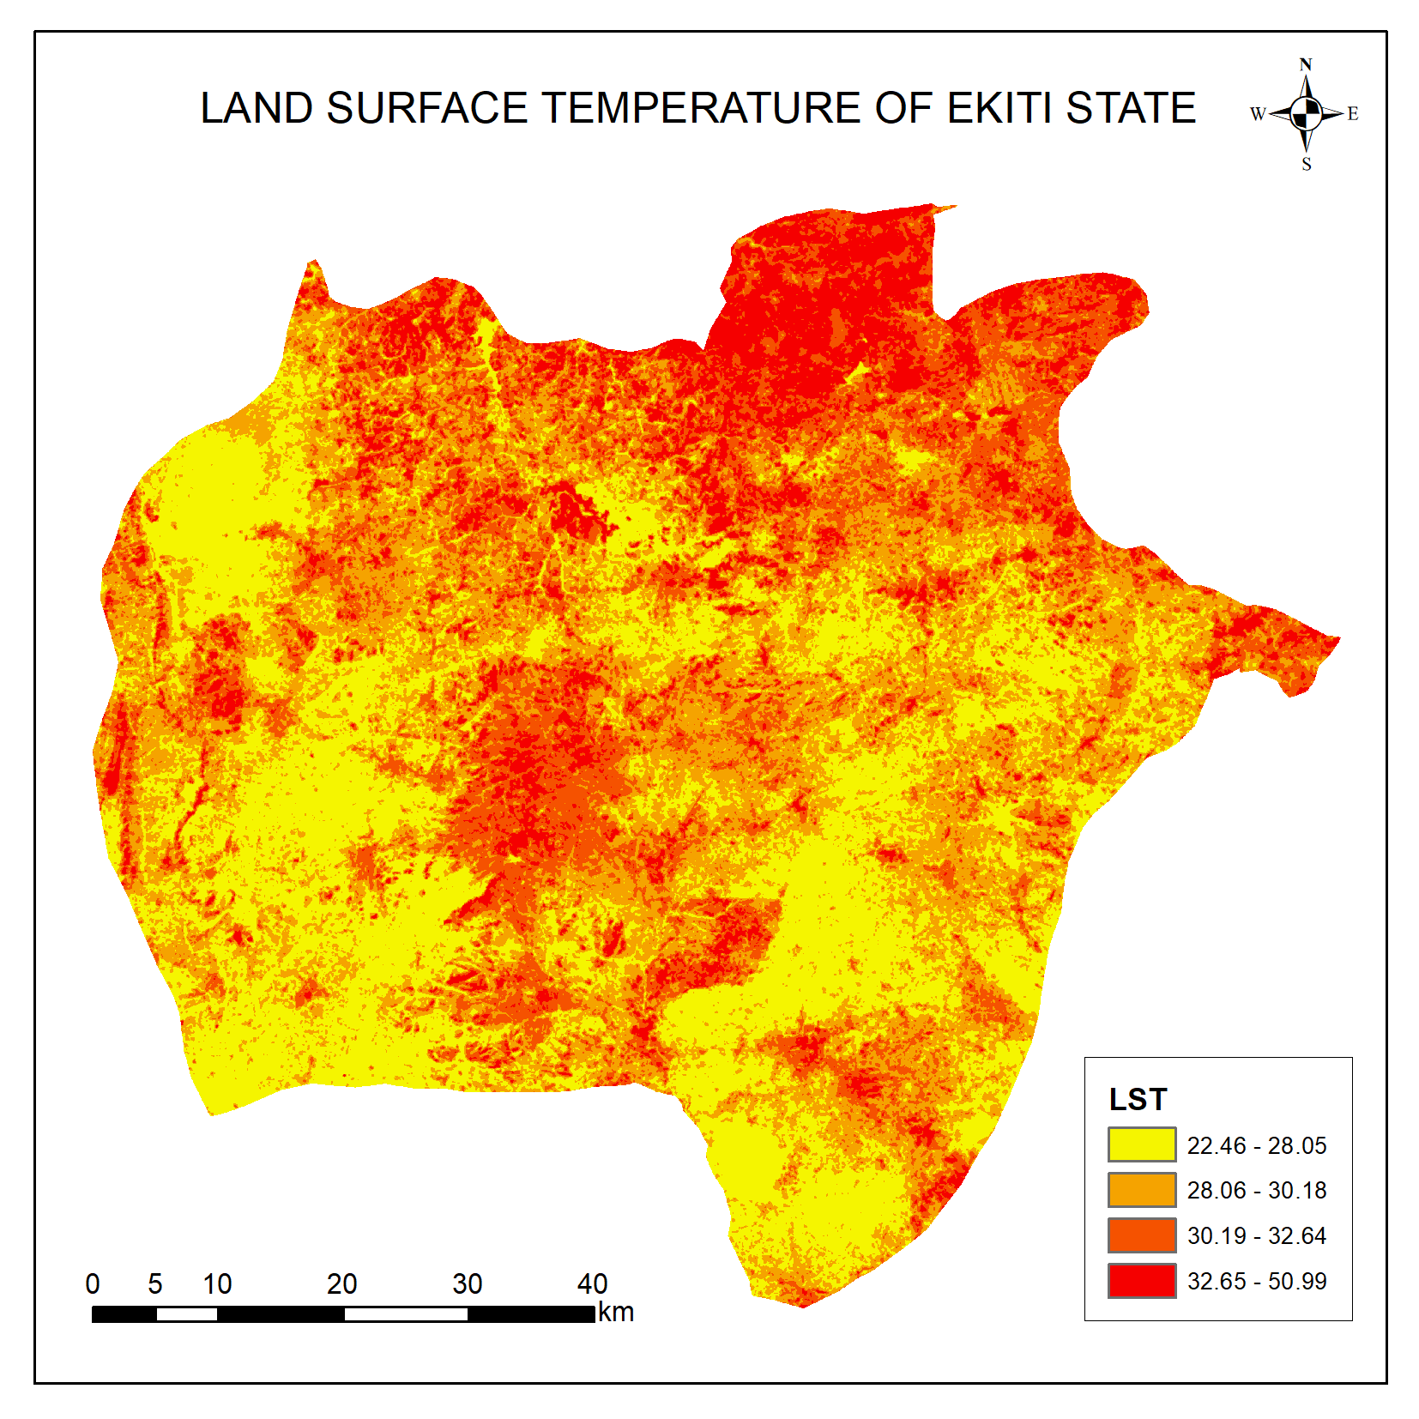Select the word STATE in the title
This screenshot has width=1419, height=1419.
[x=1131, y=109]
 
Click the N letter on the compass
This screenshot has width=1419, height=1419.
[x=1306, y=65]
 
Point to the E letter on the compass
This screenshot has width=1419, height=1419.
[x=1353, y=113]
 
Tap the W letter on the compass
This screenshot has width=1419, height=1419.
[x=1258, y=114]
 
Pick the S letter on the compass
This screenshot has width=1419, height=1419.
[x=1307, y=164]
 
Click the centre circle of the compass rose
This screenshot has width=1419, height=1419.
[x=1306, y=113]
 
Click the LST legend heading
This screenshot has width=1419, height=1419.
[x=1138, y=1100]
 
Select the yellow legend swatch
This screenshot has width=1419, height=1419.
[x=1141, y=1144]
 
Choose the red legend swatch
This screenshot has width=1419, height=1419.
[x=1141, y=1281]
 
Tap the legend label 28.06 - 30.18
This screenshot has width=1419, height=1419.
[x=1256, y=1191]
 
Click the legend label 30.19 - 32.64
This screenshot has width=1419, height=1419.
[x=1256, y=1236]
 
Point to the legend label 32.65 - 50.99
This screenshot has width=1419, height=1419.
[x=1256, y=1282]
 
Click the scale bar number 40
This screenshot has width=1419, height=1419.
[x=592, y=1284]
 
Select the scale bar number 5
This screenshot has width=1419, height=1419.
[x=154, y=1284]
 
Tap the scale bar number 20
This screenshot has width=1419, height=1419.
[x=341, y=1284]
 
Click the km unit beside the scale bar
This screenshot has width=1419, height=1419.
[x=616, y=1313]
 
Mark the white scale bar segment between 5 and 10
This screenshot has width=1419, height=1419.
[x=186, y=1314]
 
